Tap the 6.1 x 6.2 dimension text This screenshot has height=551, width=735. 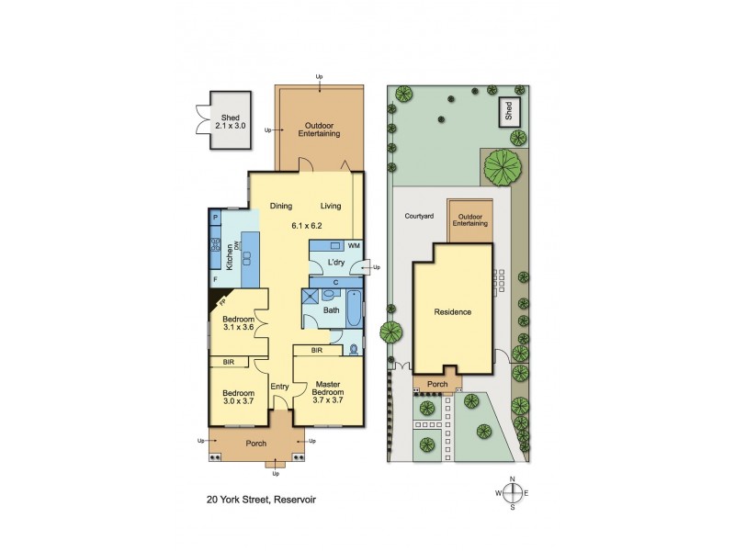point(306,224)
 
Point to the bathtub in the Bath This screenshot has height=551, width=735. point(352,304)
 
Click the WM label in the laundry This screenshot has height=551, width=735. point(354,248)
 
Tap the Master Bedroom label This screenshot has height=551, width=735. point(328,388)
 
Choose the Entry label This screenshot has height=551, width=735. point(280,387)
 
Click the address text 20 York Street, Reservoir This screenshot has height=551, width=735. point(261,502)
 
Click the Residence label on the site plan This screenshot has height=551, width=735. point(453,312)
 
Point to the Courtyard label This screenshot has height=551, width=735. point(418,218)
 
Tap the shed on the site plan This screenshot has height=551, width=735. point(508,113)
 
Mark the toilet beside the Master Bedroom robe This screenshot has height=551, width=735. point(355,350)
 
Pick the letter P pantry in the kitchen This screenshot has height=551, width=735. point(216,218)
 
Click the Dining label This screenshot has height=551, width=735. point(281,206)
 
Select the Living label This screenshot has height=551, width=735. point(331,206)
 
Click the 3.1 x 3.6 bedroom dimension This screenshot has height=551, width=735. point(238,328)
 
